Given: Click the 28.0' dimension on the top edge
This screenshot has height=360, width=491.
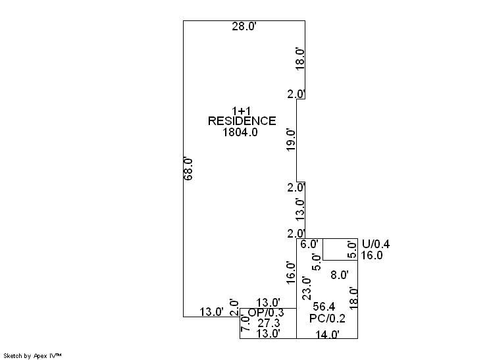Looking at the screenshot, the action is coord(244,26).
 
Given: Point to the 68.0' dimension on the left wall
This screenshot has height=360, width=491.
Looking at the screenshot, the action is coord(188,168).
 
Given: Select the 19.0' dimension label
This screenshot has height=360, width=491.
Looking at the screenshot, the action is coord(291,140).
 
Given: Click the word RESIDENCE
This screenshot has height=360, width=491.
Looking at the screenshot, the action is coord(242,121).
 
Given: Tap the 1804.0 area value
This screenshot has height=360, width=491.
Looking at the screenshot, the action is coord(240,132).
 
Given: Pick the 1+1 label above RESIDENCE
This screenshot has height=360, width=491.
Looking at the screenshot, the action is coord(241,111).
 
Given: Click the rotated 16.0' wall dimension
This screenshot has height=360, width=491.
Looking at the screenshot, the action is coord(291,273).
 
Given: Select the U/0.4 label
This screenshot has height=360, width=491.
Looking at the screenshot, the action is coord(376,244).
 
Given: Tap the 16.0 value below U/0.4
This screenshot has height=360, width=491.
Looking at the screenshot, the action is coord(372,255).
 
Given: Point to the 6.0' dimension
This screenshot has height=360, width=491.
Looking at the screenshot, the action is coord(309,244).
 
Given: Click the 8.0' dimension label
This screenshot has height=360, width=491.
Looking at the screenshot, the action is coord(340,275).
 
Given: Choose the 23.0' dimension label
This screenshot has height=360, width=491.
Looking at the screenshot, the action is coord(307,289).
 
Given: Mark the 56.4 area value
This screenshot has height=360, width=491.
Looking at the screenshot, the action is coord(324,307).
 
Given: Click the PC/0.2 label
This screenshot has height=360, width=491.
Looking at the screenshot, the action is coord(327,319).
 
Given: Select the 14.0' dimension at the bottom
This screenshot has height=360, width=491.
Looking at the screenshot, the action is coord(327,334).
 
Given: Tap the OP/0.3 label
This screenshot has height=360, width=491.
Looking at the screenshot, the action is coord(266,313).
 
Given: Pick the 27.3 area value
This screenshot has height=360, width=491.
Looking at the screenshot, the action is coord(269,322).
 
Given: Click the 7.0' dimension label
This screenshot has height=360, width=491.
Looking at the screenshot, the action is coord(245,322).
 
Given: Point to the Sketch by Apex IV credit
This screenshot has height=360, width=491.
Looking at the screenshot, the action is coord(32,356).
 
